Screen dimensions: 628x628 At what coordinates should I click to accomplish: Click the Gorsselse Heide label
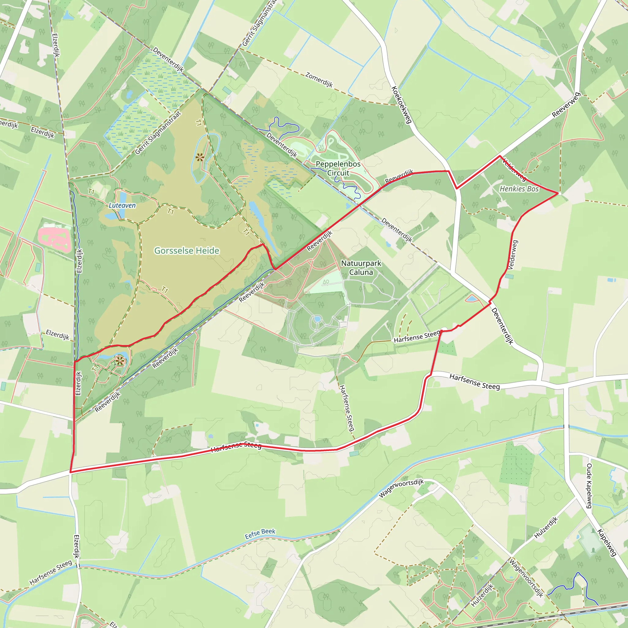tap(186, 251)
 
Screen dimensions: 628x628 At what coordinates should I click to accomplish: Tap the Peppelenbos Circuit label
tap(338, 168)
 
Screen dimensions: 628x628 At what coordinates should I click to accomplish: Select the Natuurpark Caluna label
tap(361, 267)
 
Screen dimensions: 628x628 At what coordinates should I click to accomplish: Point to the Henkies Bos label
tap(519, 189)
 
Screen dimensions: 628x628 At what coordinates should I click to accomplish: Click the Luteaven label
tap(122, 205)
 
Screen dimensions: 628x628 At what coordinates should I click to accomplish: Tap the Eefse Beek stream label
tap(260, 534)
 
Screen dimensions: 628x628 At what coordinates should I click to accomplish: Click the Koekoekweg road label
tap(402, 105)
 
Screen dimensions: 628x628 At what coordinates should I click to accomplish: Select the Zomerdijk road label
tap(319, 80)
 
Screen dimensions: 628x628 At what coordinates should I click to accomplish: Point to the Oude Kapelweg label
tap(589, 486)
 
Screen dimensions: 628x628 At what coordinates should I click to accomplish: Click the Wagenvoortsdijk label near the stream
tap(401, 488)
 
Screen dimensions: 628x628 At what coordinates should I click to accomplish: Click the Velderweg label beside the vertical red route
tap(513, 255)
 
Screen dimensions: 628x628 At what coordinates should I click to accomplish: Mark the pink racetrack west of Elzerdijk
tap(55, 240)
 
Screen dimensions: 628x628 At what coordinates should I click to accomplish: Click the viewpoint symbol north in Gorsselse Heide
tap(200, 157)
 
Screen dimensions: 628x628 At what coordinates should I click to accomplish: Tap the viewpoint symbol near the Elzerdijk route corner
tap(120, 361)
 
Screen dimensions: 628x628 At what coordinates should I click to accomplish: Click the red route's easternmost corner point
tap(558, 193)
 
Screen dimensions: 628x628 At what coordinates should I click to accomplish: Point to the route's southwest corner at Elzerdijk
tap(71, 472)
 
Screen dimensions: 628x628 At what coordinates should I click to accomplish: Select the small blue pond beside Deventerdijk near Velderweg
tap(471, 298)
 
